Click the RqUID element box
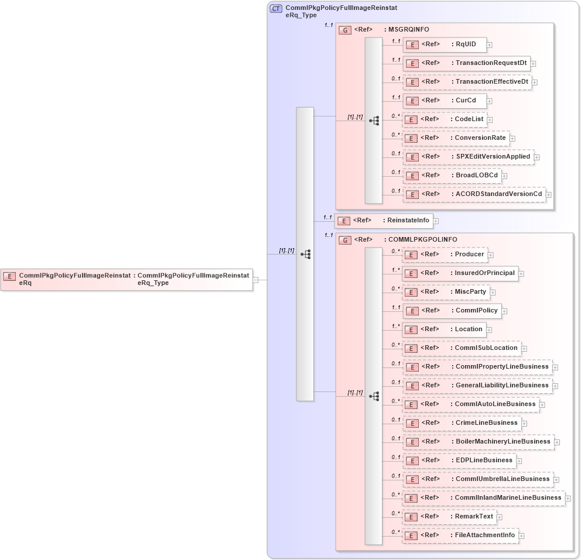coord(445,44)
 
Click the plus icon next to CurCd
coord(490,101)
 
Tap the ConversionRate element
coord(456,138)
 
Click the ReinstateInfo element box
coord(384,221)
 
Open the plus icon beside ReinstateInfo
coord(436,221)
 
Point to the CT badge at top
coord(276,9)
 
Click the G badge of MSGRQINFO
coord(346,30)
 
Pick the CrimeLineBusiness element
coord(462,422)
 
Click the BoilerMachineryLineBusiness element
coord(478,441)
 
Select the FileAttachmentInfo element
coord(460,535)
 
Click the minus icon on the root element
coord(256,280)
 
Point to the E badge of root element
coord(9,276)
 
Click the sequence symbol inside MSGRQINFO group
coord(374,121)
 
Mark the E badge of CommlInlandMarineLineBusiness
coord(412,498)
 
